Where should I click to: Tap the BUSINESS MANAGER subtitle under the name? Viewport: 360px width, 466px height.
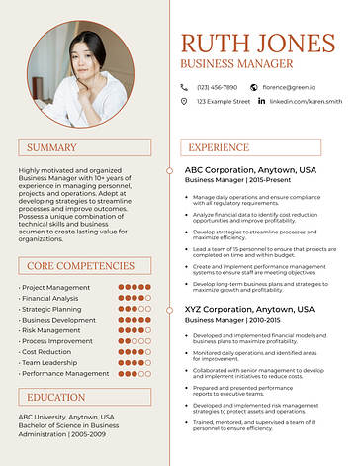(x=236, y=64)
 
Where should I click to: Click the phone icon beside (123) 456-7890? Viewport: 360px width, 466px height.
(x=184, y=87)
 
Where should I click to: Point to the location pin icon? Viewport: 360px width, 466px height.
(x=184, y=101)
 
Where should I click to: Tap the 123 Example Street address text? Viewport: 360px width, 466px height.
(x=223, y=101)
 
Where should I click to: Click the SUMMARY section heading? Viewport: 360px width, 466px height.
(x=51, y=148)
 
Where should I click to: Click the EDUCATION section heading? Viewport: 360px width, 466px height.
(x=56, y=397)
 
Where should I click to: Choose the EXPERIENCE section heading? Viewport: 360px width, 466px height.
(x=219, y=148)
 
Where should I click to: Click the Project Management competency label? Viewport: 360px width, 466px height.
(x=55, y=288)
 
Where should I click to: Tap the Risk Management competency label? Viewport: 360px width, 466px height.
(x=57, y=330)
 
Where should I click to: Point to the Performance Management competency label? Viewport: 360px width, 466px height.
(x=65, y=374)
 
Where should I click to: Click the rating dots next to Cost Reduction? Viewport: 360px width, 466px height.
(x=134, y=352)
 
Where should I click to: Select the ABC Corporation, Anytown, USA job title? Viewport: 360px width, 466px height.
(x=250, y=170)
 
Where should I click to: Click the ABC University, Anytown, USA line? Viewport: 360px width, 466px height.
(x=66, y=417)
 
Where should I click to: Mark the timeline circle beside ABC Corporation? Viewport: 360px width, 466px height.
(x=171, y=170)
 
